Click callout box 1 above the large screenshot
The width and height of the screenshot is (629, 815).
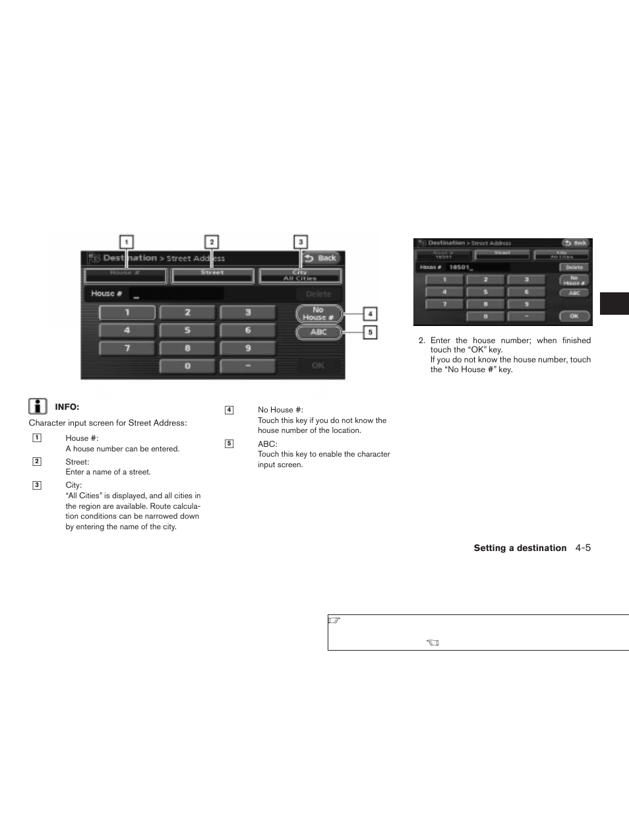[126, 242]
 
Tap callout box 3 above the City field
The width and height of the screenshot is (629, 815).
[301, 242]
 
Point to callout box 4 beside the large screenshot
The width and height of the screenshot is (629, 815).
[370, 314]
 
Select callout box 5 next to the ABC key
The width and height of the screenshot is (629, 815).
[370, 333]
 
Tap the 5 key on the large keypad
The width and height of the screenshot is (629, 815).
[187, 330]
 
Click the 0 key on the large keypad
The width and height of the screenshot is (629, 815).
[187, 366]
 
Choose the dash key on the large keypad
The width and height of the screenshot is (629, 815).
[248, 366]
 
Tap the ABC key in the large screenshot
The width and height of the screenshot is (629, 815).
[319, 332]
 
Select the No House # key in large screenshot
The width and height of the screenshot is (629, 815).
[319, 313]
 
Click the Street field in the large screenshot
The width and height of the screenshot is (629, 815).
[212, 275]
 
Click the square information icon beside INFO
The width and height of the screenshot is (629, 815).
[38, 407]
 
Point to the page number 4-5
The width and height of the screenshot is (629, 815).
[582, 548]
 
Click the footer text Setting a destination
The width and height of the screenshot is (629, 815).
[520, 548]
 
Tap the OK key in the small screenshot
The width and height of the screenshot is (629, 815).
[574, 316]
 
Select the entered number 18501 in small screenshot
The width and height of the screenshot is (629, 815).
[458, 267]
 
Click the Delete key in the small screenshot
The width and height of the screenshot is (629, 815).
[574, 267]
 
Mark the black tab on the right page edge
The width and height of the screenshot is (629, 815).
[614, 304]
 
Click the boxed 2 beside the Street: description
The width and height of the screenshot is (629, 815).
[37, 461]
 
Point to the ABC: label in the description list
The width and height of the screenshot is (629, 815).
[267, 444]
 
